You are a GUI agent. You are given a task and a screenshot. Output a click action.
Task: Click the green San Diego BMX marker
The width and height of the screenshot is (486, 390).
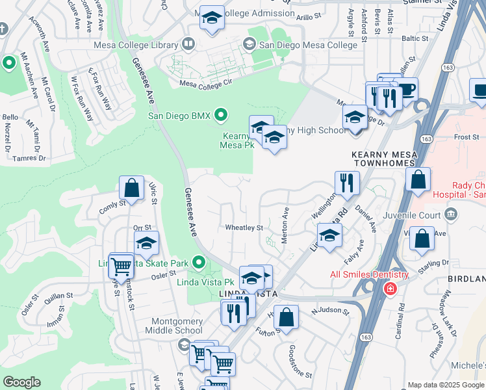point(221,116)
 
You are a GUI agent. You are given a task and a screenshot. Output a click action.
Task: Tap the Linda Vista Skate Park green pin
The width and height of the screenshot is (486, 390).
point(199,263)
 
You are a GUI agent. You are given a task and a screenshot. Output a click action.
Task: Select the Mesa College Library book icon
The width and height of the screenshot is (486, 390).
point(188,45)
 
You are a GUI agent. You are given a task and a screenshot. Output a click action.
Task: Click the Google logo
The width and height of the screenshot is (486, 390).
point(21,382)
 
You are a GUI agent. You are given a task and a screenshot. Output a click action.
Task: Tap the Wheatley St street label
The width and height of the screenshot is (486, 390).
point(244,228)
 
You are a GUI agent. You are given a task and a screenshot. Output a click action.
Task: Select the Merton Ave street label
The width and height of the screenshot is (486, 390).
point(285,226)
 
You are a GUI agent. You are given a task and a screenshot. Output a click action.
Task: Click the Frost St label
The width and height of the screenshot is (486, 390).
point(467,137)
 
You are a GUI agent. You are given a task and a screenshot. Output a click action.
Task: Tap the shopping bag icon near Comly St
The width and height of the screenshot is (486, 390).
point(131,188)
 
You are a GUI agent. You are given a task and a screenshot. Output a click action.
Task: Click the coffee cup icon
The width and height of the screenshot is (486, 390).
point(406,90)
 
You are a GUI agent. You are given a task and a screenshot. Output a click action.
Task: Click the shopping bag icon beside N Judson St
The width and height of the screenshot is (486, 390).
point(286,318)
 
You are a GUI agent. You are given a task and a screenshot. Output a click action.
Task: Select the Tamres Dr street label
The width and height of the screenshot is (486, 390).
point(28,158)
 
